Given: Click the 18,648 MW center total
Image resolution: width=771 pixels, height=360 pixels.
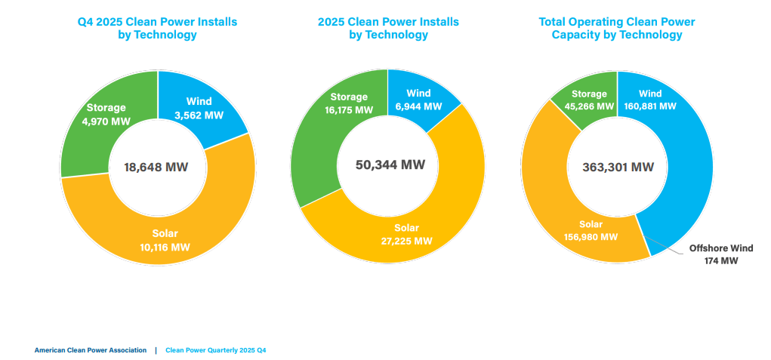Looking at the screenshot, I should click(x=156, y=167).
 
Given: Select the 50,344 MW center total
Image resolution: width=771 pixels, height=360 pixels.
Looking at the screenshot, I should click(x=390, y=165).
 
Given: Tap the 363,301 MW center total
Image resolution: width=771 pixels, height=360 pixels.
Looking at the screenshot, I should click(x=618, y=168).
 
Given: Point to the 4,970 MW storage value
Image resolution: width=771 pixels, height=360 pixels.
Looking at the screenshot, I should click(x=106, y=121).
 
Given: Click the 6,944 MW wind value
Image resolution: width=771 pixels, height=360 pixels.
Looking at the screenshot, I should click(x=412, y=106).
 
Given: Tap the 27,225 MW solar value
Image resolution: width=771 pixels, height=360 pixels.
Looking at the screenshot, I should click(x=406, y=241).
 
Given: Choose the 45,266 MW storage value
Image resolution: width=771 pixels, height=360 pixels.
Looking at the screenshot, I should click(x=590, y=106).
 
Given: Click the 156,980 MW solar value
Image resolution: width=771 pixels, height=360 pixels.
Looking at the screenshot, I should click(x=591, y=237).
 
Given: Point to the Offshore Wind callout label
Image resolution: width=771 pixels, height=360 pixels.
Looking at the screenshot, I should click(x=720, y=248).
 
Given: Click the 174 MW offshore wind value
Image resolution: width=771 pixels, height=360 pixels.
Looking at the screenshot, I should click(x=720, y=261).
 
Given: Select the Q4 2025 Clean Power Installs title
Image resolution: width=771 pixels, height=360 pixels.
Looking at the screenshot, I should click(x=157, y=22).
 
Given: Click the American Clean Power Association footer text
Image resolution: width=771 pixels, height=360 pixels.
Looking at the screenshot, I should click(x=91, y=350).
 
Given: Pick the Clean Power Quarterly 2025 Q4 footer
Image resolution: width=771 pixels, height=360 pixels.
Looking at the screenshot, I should click(x=215, y=350).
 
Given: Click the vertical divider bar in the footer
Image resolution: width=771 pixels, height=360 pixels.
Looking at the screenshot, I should click(x=156, y=350).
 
